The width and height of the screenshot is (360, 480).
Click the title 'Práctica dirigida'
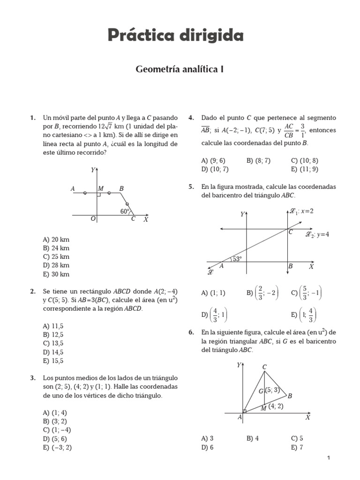(x=176, y=35)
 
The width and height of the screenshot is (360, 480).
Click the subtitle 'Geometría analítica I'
(x=180, y=69)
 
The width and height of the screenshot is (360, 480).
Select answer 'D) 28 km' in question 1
(x=56, y=265)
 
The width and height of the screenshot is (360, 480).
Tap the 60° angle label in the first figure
(x=124, y=211)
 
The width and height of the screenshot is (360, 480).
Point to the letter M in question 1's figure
(x=100, y=188)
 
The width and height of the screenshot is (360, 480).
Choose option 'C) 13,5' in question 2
(x=53, y=343)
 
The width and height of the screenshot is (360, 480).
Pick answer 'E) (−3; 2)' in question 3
(x=57, y=447)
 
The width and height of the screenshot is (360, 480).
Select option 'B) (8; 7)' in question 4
(x=258, y=160)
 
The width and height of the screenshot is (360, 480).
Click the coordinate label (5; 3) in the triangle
(x=272, y=390)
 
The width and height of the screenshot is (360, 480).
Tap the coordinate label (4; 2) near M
(x=276, y=406)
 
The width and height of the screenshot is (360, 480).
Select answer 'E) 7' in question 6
(x=298, y=447)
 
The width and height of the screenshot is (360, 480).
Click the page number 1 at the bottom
(x=329, y=458)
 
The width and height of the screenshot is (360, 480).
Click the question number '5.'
(x=191, y=187)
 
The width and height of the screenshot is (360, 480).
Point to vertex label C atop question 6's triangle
(x=264, y=367)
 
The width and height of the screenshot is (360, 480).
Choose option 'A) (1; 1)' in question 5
(x=213, y=293)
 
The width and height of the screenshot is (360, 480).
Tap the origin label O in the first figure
(x=93, y=218)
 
